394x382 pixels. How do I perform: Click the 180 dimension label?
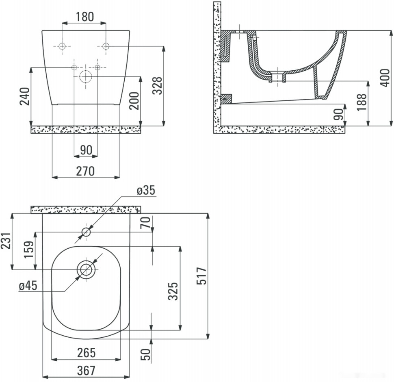[84, 17]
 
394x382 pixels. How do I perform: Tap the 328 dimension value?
[158, 86]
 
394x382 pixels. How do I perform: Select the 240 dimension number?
[25, 96]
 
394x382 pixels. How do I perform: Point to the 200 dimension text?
[134, 101]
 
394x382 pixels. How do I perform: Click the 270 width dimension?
[85, 171]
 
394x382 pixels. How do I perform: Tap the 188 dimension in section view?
[362, 102]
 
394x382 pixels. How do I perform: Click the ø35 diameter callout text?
[146, 190]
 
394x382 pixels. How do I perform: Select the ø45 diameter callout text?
[28, 286]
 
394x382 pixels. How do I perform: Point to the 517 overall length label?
[201, 276]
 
